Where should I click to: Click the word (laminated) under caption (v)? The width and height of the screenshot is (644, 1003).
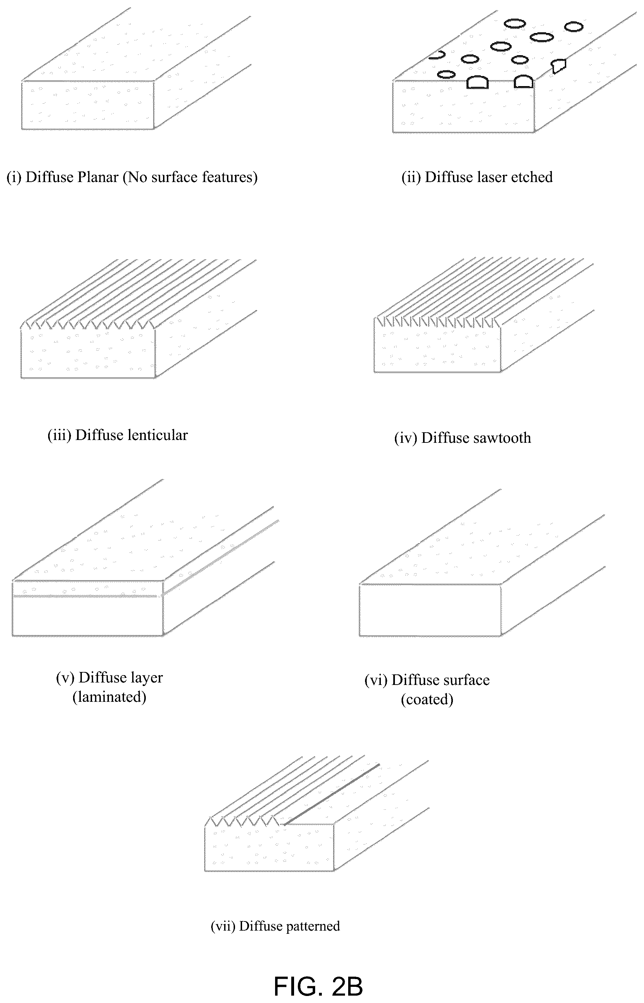tap(110, 697)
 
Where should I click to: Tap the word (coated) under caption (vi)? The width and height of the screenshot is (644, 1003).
tap(427, 700)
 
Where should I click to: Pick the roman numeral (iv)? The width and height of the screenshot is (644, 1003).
tap(406, 438)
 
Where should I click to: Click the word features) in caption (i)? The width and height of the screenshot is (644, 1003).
tap(229, 177)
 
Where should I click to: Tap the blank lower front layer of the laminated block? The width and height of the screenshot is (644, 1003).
tap(87, 616)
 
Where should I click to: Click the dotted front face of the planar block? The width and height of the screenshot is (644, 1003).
tap(88, 105)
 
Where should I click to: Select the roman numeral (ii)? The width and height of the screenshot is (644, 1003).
tap(411, 177)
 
